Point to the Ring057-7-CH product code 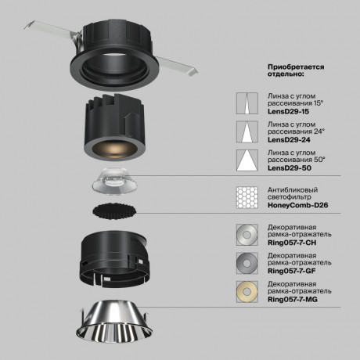pos(291,242)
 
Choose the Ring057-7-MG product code pos(292,300)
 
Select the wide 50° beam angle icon pos(247,160)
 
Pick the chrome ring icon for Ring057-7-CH pos(247,234)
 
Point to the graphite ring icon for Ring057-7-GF pos(247,262)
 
